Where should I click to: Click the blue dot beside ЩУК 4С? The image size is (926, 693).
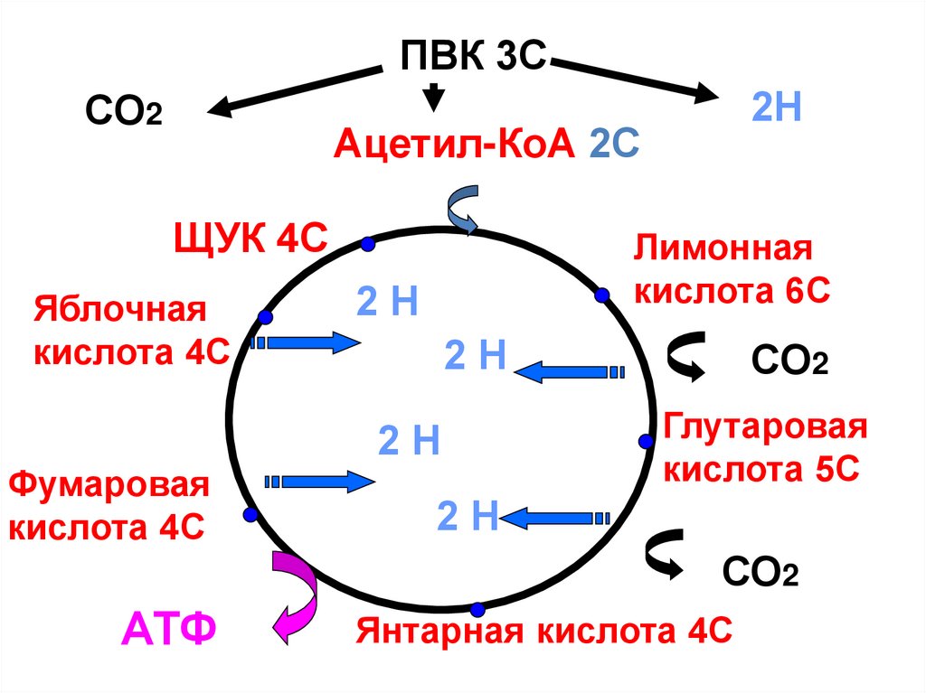pos(367,244)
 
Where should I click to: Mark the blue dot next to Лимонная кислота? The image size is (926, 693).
pos(601,295)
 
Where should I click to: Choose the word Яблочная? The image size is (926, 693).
pos(121,310)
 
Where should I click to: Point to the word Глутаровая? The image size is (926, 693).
pos(766,427)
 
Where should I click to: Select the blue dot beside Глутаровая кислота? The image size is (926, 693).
pos(646,441)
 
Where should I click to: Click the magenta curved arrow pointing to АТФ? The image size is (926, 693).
pos(295,596)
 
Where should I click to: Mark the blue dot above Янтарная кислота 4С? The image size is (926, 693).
pos(477,607)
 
